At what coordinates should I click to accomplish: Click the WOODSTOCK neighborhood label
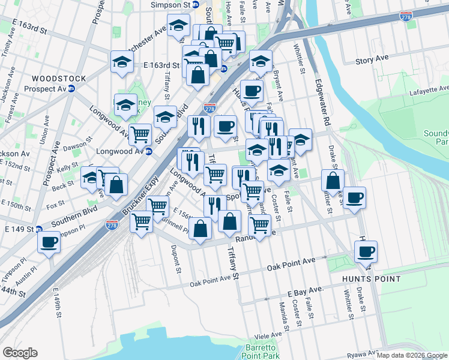[59, 79]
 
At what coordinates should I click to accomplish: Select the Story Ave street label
[372, 59]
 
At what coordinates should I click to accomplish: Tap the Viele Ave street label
[268, 335]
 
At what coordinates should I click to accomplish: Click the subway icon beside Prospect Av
[71, 88]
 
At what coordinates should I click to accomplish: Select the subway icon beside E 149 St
[38, 229]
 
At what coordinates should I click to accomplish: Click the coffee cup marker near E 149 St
[49, 242]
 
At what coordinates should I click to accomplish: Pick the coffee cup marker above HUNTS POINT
[365, 251]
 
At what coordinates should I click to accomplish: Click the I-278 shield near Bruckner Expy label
[112, 225]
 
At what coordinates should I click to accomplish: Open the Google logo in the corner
[20, 353]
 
